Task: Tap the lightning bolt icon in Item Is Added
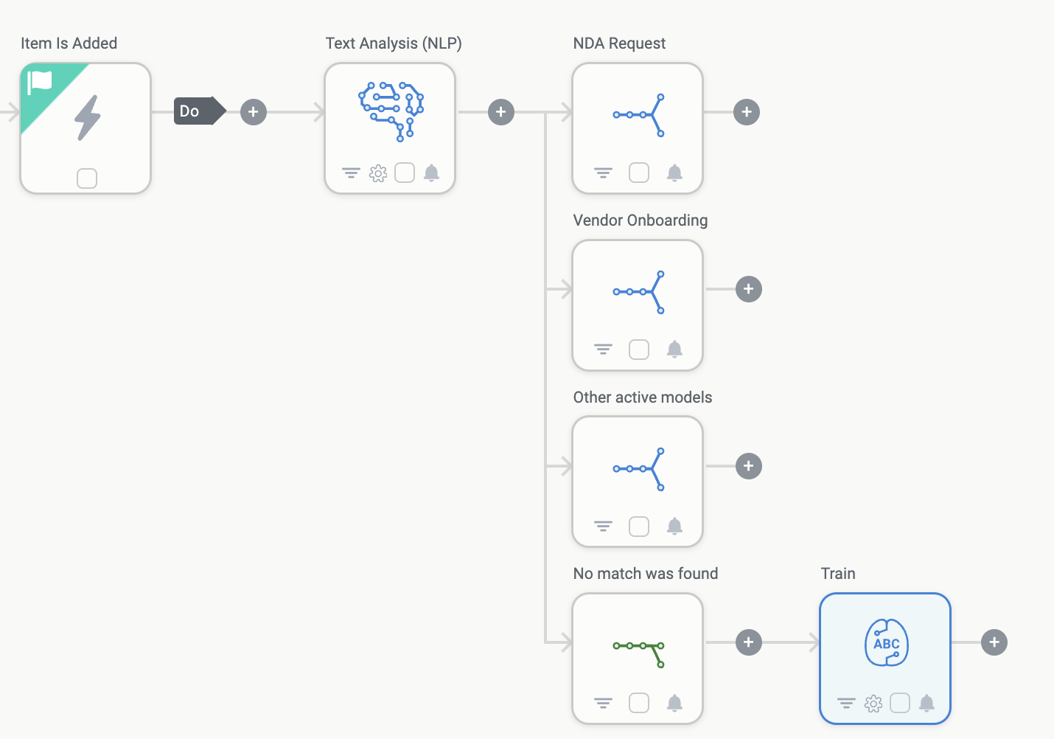click(x=88, y=118)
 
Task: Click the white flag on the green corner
click(x=40, y=82)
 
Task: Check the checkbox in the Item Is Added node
click(x=87, y=178)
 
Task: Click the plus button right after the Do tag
click(x=254, y=112)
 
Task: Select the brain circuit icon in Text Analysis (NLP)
click(x=391, y=111)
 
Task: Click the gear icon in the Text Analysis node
click(x=378, y=173)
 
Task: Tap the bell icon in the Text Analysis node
click(x=432, y=173)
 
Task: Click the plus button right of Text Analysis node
click(x=501, y=112)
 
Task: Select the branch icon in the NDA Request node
click(x=639, y=115)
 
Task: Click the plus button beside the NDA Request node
click(x=747, y=112)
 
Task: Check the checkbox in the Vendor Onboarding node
click(x=639, y=350)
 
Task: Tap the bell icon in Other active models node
click(x=674, y=526)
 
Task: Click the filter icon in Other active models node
click(x=603, y=526)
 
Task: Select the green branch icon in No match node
click(x=639, y=653)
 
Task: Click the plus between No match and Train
click(x=749, y=642)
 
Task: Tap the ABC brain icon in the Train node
click(x=887, y=643)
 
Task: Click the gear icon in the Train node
click(x=873, y=704)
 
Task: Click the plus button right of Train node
click(x=994, y=642)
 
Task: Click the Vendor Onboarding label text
click(x=640, y=221)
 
